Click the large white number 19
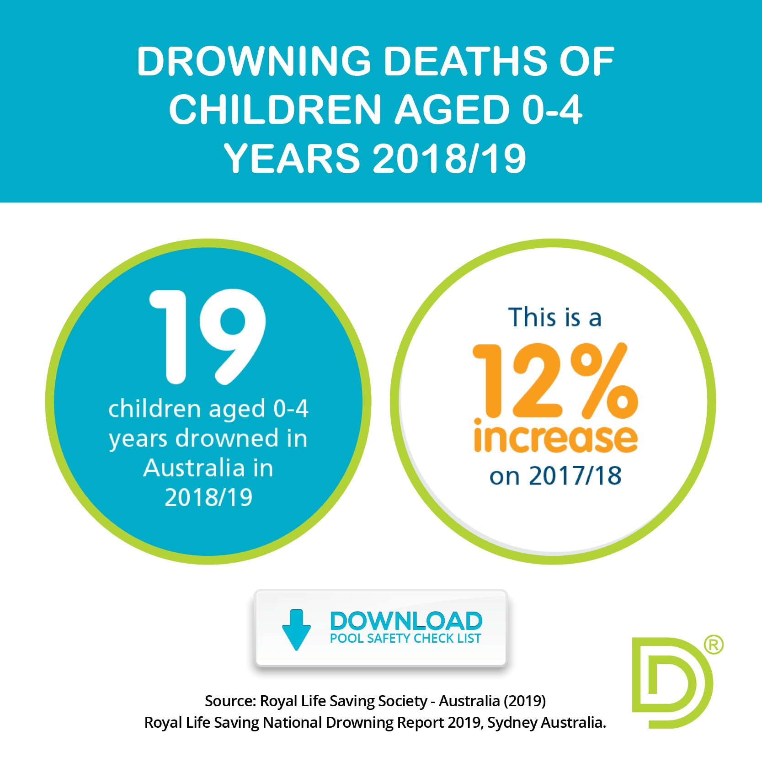pos(208,337)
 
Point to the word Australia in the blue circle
pos(194,468)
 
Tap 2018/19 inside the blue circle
pos(208,497)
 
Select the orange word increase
pos(555,437)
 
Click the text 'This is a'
pos(554,317)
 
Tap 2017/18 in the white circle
pos(575,476)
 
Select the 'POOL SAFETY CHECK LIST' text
pos(405,639)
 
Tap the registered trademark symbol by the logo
pos(713,645)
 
